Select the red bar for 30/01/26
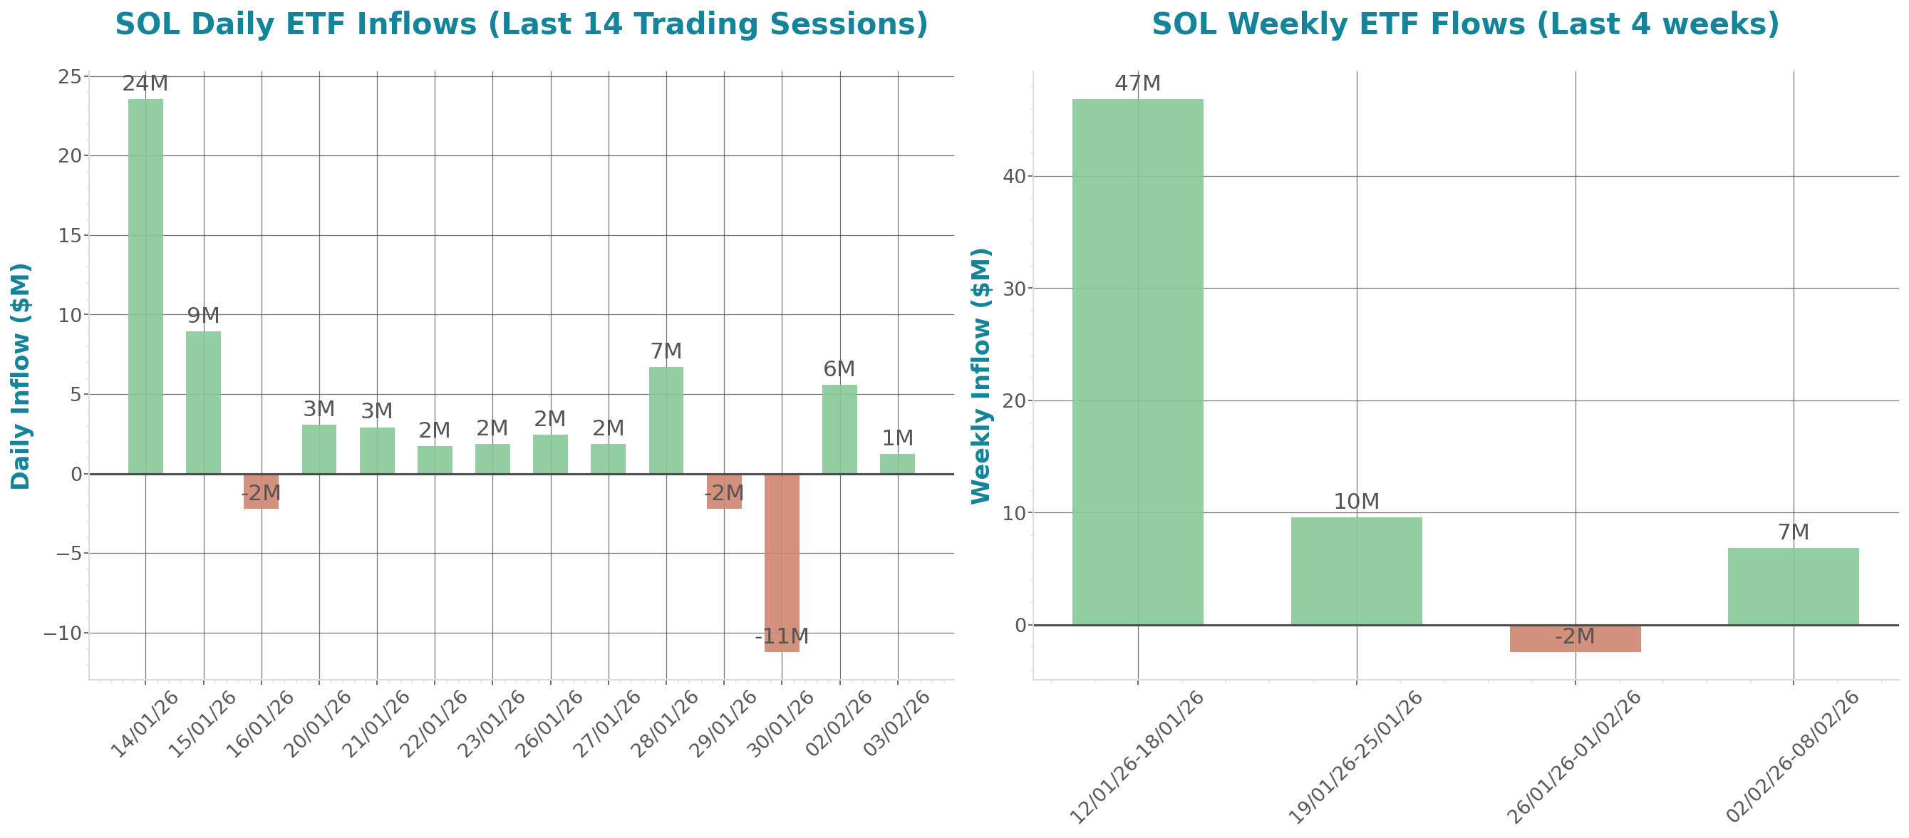tap(781, 562)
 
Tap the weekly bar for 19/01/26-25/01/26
tap(1355, 570)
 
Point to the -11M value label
tap(781, 636)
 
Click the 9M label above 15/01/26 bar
tap(203, 316)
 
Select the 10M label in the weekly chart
tap(1355, 502)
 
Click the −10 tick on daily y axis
tap(62, 633)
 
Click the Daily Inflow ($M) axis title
tap(21, 376)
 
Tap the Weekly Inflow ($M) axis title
tap(981, 376)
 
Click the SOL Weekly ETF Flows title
tap(1465, 24)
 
